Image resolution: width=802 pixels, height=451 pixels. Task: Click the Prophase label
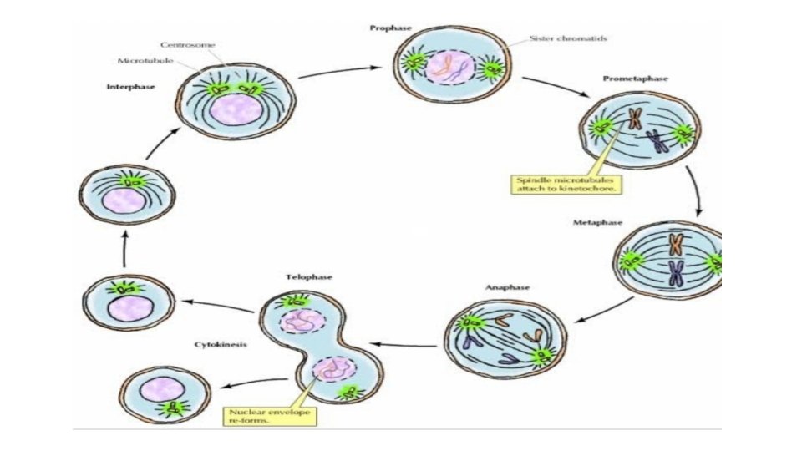(x=390, y=28)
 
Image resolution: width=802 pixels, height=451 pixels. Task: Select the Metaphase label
(x=594, y=223)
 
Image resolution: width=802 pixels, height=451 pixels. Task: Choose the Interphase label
(x=130, y=87)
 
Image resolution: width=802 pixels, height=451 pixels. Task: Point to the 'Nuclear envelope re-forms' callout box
(x=261, y=416)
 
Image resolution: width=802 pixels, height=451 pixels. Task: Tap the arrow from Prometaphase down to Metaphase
(x=694, y=191)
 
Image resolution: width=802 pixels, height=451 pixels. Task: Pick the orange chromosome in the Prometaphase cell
(x=635, y=119)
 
